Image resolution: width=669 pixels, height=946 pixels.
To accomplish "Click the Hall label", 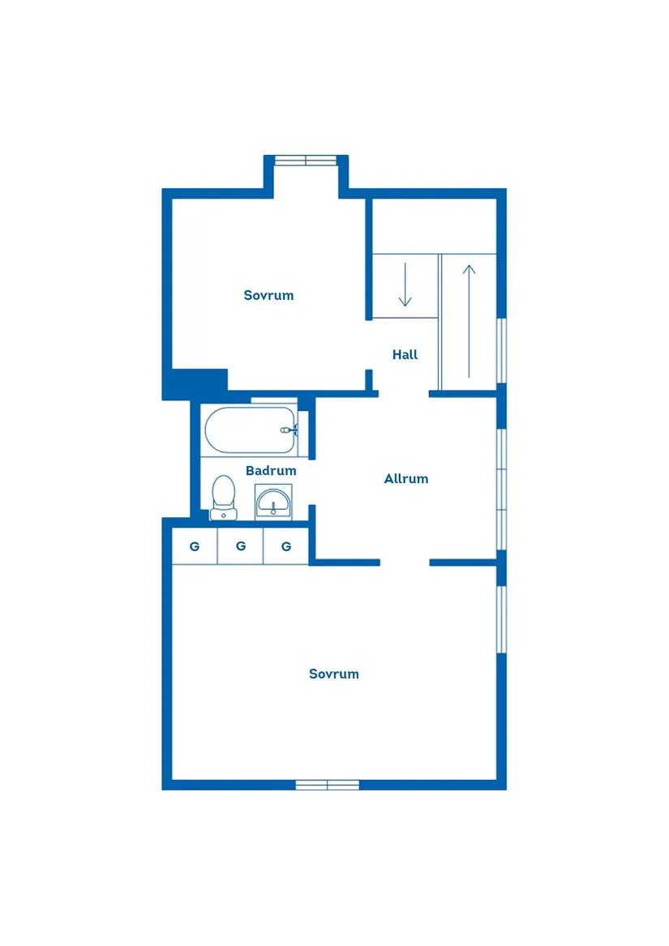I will point(405,355).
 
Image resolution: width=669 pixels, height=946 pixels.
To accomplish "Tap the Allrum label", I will point(405,479).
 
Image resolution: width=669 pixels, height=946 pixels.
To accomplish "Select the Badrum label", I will point(271,471).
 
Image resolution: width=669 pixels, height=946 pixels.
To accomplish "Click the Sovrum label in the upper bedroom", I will point(268,295).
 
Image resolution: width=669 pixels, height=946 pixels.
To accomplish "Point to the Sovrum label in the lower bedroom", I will point(333,674).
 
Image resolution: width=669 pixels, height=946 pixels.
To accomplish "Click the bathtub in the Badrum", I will point(251,430).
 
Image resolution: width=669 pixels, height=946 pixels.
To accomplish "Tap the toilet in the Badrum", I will point(223,498).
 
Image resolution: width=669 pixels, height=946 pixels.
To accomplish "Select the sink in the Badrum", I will point(273,502).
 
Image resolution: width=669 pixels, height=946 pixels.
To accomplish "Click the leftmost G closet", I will point(195,546).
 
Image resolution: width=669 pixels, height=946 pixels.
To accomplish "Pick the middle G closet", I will point(241,546).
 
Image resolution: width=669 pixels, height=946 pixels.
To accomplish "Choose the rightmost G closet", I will point(286,546).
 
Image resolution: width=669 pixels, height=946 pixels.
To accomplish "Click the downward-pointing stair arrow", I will point(405,285).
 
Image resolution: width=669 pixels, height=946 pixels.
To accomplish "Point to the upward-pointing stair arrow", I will point(469,320).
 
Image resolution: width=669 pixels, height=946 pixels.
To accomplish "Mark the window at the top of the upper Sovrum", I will point(305,161).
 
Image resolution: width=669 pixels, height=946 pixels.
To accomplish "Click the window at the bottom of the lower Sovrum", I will point(327,785).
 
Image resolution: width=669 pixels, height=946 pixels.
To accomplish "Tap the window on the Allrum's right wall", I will point(501,489).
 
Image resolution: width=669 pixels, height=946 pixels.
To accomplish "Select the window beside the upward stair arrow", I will point(501,350).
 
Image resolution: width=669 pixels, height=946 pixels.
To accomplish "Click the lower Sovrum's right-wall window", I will point(501,619).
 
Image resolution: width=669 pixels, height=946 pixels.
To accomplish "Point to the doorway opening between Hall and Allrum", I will point(403,395).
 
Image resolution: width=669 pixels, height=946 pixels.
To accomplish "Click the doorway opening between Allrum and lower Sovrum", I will point(405,563).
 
